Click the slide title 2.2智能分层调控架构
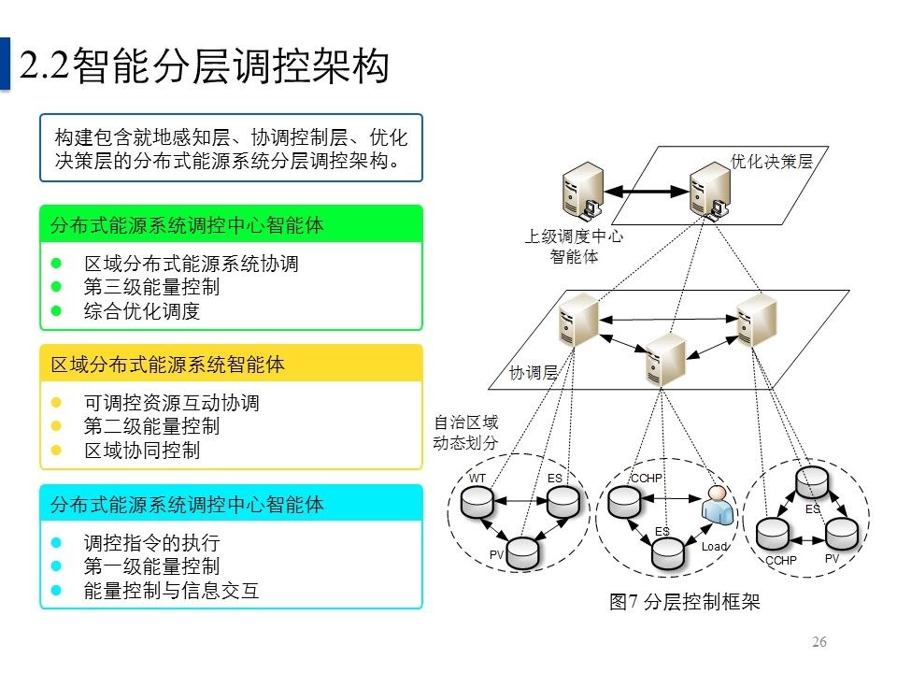click(x=204, y=67)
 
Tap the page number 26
click(x=820, y=642)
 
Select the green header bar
click(x=231, y=224)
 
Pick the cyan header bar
click(x=231, y=505)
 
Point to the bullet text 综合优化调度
click(x=142, y=311)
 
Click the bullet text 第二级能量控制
click(x=151, y=427)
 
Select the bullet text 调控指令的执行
click(x=151, y=544)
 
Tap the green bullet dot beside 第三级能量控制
click(x=56, y=288)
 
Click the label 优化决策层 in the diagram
click(x=771, y=161)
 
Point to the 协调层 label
click(x=534, y=373)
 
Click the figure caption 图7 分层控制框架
click(x=684, y=602)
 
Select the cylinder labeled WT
click(x=477, y=503)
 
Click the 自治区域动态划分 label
click(x=465, y=432)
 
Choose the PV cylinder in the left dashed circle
click(x=523, y=551)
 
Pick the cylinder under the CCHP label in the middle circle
click(x=623, y=503)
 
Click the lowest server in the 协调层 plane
click(x=666, y=359)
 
